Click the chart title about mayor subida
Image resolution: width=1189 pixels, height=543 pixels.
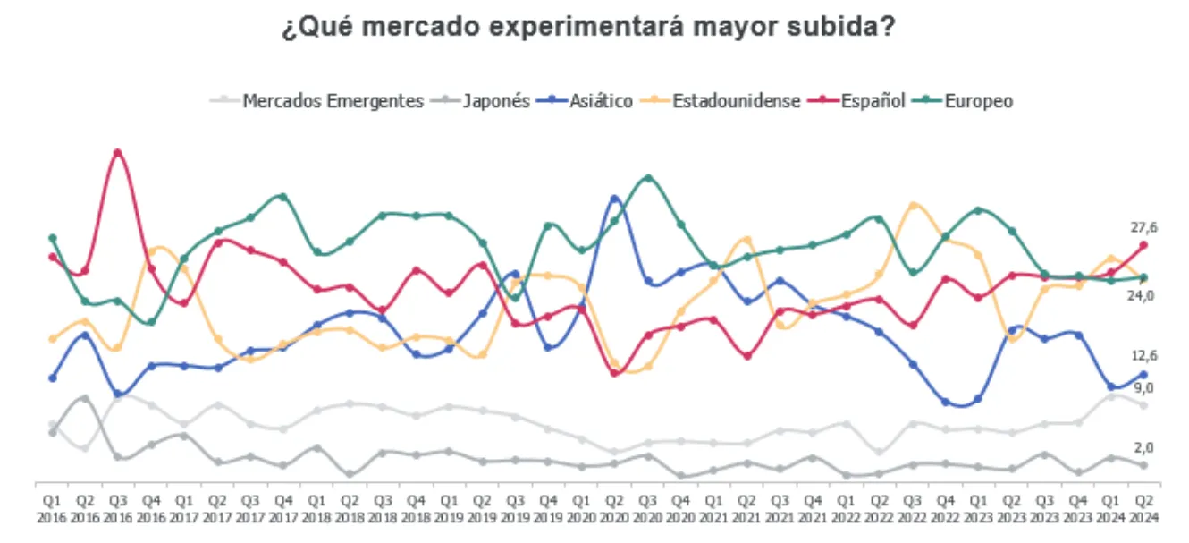(589, 28)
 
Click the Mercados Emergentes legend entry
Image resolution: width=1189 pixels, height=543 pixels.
(333, 101)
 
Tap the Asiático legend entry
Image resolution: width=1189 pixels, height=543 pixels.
(601, 101)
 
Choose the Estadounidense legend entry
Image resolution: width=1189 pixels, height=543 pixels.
(736, 101)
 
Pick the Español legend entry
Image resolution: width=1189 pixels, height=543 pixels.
(873, 101)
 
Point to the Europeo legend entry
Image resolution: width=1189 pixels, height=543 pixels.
(978, 101)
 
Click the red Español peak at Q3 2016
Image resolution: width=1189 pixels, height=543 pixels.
(117, 152)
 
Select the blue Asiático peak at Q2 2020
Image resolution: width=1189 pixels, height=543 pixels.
(614, 199)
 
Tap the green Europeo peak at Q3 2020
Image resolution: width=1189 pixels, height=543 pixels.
(647, 178)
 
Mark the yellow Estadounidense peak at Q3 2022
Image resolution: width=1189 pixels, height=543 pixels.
(912, 205)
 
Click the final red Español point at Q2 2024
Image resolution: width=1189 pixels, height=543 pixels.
(1143, 244)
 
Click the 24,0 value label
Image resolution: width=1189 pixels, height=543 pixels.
(1146, 295)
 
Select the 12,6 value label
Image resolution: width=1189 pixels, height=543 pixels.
(1146, 355)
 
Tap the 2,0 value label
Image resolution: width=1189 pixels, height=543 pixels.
(1146, 447)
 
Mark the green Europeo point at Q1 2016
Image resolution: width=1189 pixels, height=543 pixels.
(52, 238)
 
